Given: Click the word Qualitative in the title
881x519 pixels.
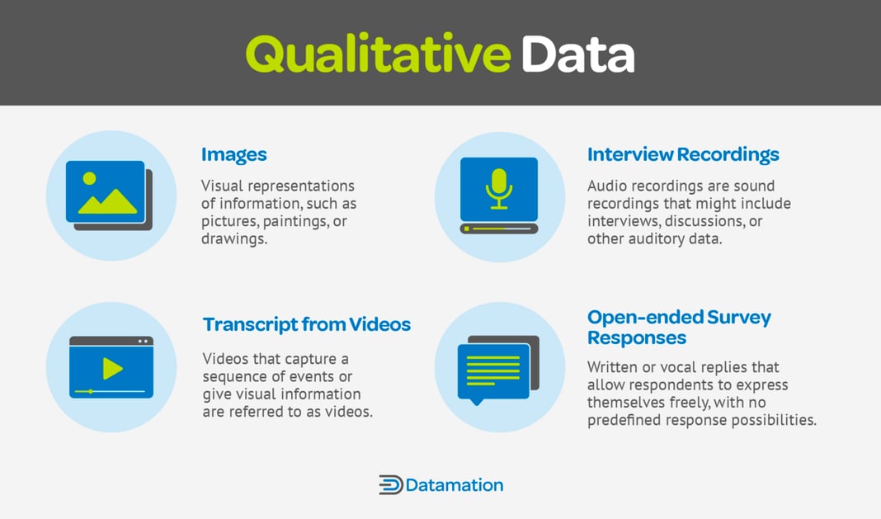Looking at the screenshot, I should pyautogui.click(x=378, y=54).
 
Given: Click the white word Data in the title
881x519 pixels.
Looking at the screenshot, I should pyautogui.click(x=577, y=54).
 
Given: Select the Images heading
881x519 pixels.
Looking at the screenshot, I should pyautogui.click(x=234, y=154).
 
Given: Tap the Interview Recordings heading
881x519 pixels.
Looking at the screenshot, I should pyautogui.click(x=683, y=154).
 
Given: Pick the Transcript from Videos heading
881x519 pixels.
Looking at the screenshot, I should pyautogui.click(x=307, y=324).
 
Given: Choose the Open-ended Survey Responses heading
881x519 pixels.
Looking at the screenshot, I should pyautogui.click(x=679, y=328).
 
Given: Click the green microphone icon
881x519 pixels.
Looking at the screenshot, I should pyautogui.click(x=498, y=189).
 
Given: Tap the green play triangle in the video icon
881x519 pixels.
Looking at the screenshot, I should pyautogui.click(x=112, y=369).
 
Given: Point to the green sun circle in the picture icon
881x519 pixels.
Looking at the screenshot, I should pyautogui.click(x=89, y=178).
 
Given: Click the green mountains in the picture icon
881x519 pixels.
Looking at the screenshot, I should pyautogui.click(x=108, y=201).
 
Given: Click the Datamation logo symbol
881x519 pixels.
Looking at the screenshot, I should pyautogui.click(x=390, y=484).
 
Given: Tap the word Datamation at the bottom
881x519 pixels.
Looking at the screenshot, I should pyautogui.click(x=454, y=484).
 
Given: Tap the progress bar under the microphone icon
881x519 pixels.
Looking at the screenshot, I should pyautogui.click(x=499, y=229).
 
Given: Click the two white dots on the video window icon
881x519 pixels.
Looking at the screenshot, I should pyautogui.click(x=144, y=341).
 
